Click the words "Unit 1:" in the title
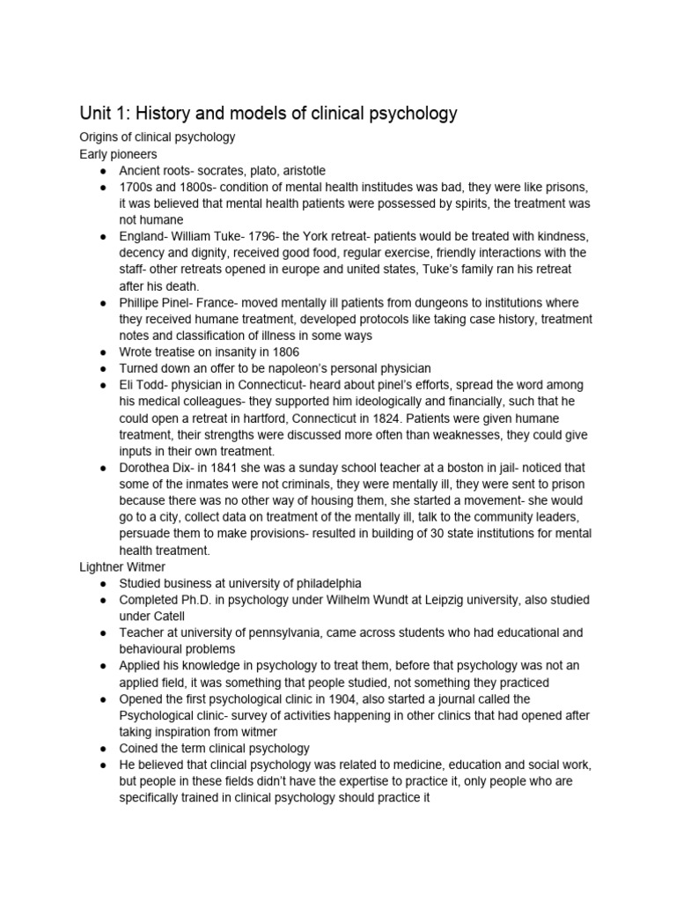pyautogui.click(x=107, y=113)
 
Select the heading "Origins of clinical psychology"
pyautogui.click(x=157, y=137)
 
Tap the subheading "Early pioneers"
pyautogui.click(x=118, y=154)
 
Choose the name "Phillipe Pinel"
pyautogui.click(x=160, y=303)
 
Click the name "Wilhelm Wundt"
pyautogui.click(x=369, y=600)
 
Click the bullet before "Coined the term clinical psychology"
pyautogui.click(x=103, y=748)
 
